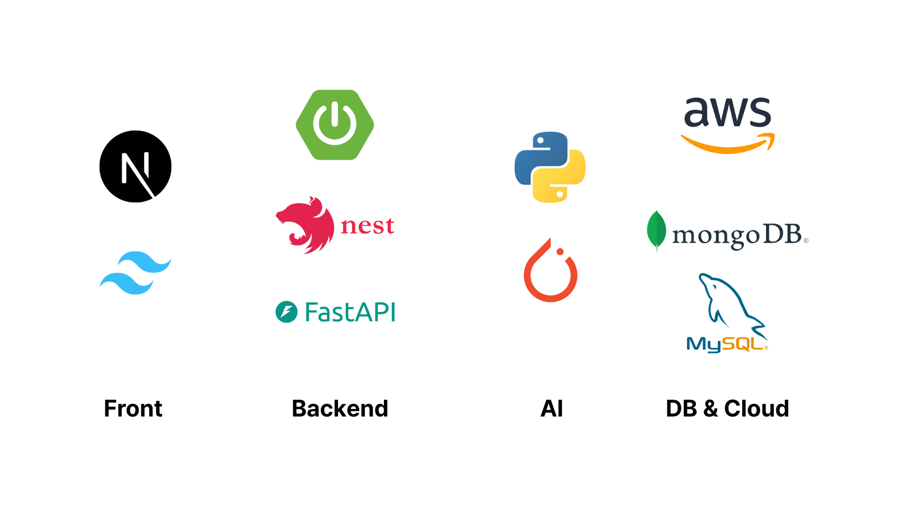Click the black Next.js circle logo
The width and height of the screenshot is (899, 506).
(x=135, y=166)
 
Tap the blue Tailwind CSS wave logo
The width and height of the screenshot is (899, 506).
(x=135, y=273)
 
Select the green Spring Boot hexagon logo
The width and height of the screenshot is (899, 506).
(x=335, y=125)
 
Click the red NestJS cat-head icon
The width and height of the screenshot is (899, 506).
(x=305, y=225)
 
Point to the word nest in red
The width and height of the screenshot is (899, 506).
(x=368, y=225)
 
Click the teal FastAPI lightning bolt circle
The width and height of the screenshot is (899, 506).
(x=287, y=312)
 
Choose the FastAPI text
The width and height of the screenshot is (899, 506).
(x=350, y=312)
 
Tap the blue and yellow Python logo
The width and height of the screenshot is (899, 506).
(x=550, y=167)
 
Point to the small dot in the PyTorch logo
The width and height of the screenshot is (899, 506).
(x=560, y=252)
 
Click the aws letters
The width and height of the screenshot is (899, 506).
(x=728, y=112)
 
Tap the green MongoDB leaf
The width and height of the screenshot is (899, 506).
(x=656, y=231)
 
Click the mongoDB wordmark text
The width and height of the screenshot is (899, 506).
(x=740, y=236)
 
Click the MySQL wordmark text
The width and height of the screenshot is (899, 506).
(x=727, y=344)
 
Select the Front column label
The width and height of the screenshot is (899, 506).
(x=133, y=409)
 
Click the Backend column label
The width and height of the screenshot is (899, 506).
(x=340, y=409)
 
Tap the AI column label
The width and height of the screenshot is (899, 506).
(x=552, y=409)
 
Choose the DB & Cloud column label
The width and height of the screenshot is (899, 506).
(x=727, y=409)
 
